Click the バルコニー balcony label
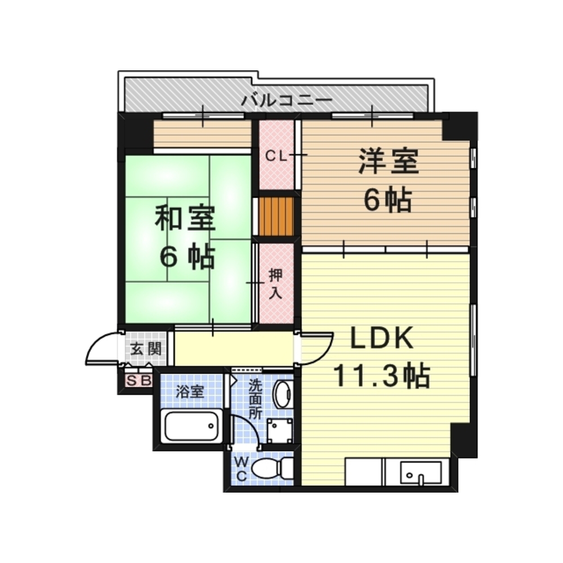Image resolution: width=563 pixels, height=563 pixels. pos(286,101)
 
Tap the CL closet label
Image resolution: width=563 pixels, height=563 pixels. pos(276,156)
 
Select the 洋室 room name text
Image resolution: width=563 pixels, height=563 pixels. pos(389,162)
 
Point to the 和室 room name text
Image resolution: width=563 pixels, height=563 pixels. pos(185,217)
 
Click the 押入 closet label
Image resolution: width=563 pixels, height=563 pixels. pos(276,284)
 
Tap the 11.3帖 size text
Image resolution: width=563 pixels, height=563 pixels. pos(382,376)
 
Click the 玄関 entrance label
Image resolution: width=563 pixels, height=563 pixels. pos(146,348)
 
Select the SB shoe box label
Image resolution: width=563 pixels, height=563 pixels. pos(138,381)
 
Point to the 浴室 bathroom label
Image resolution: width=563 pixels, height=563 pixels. pos(190,392)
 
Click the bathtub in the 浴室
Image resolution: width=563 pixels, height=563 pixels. pos(191,426)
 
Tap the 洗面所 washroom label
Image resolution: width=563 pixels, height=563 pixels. pos(256,399)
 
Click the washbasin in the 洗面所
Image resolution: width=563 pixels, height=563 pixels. pos(283,394)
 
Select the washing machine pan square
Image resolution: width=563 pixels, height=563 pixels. pos(280,430)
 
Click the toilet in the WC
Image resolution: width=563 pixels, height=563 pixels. pos(272,468)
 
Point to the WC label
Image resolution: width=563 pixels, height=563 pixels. pos(242,468)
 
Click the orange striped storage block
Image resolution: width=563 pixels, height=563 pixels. pos(276,216)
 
